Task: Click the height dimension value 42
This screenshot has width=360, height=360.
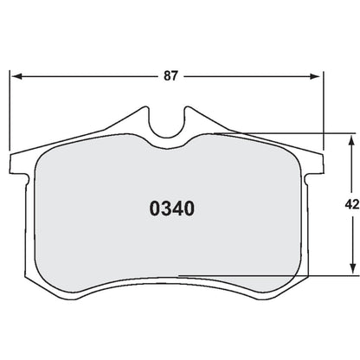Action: pos(350,205)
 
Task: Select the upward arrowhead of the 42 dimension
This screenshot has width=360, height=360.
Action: pos(351,138)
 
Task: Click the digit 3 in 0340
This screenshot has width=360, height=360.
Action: pos(164,209)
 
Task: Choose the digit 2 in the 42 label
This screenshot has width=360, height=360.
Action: pos(355,205)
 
